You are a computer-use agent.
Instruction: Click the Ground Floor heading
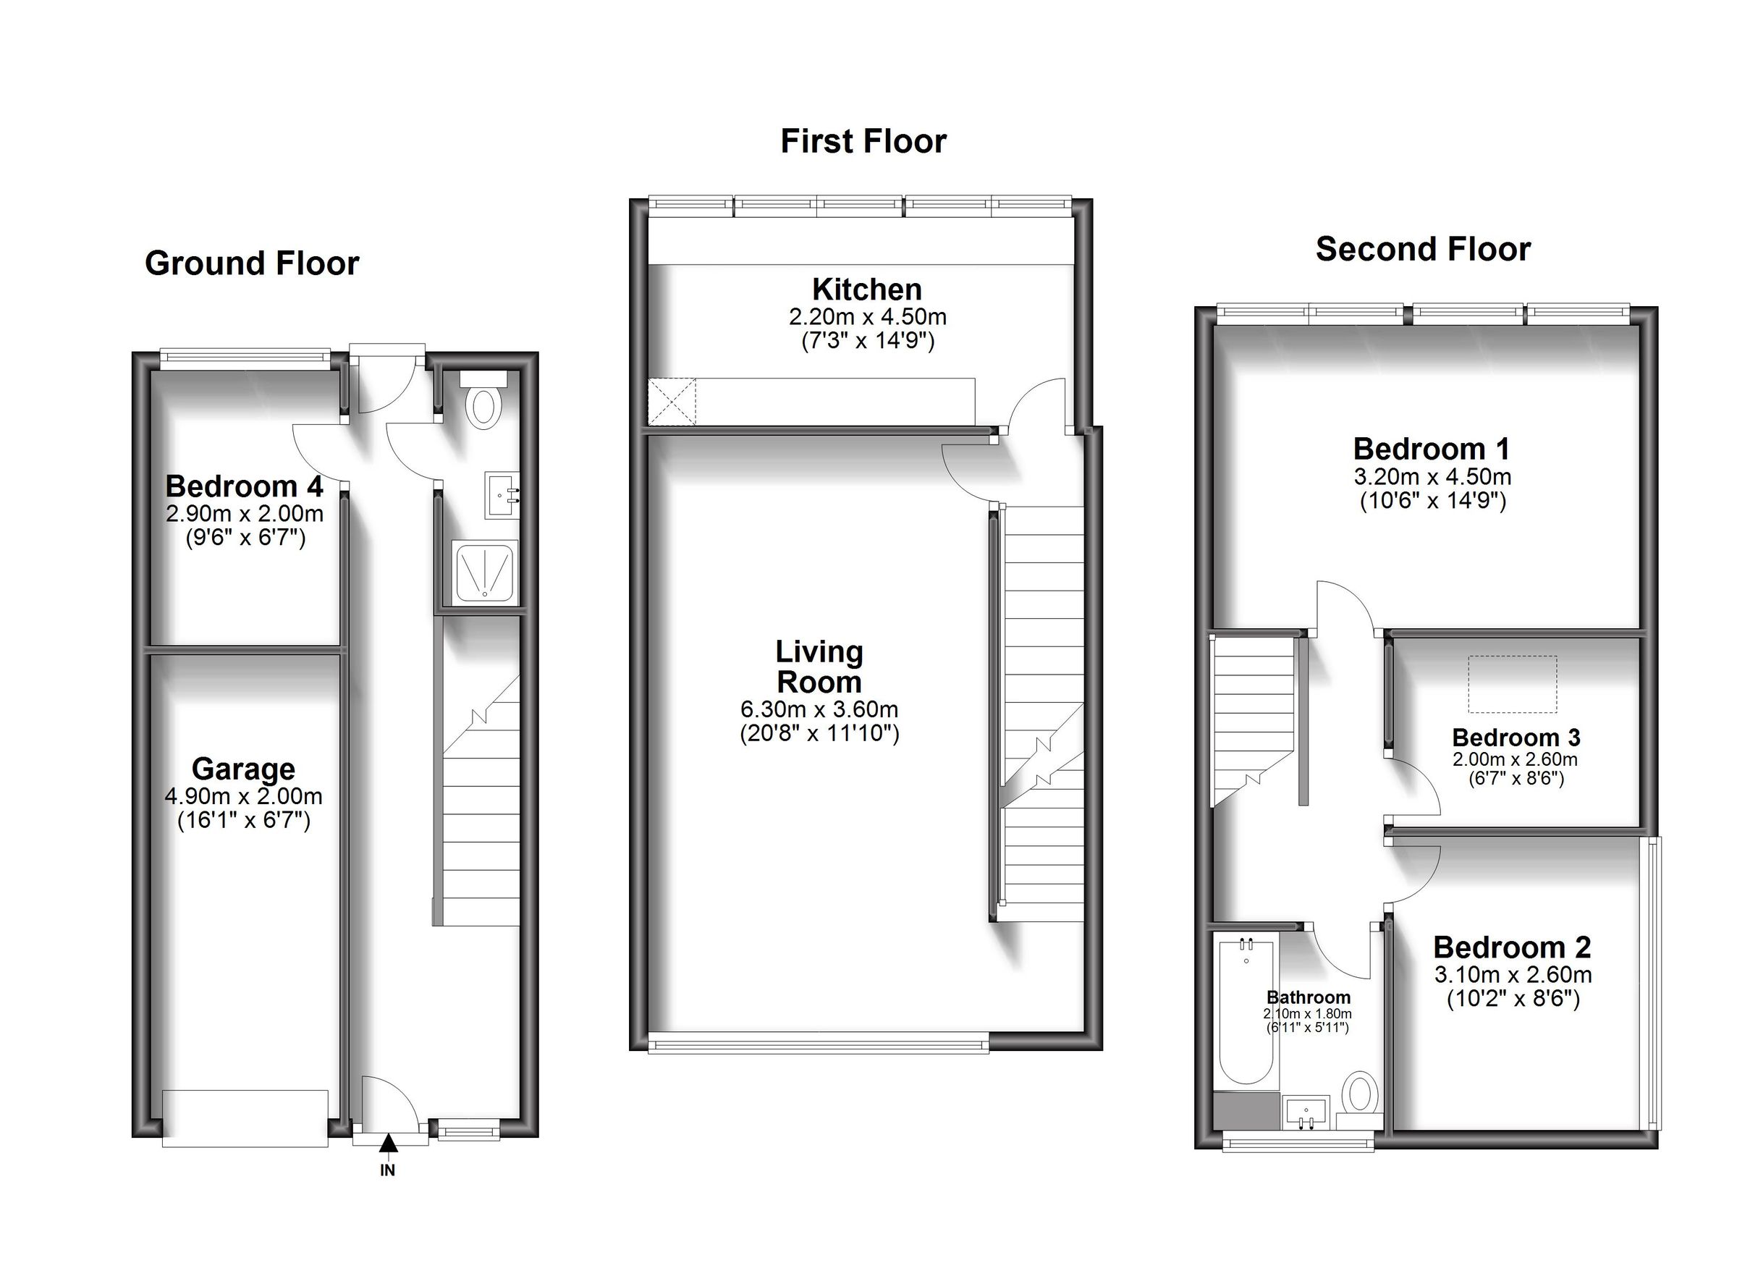coord(251,263)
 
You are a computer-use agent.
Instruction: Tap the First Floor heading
coord(863,142)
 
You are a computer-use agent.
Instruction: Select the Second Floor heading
coord(1422,250)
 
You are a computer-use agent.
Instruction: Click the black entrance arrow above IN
coord(389,1143)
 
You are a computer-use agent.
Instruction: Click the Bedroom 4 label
coord(244,486)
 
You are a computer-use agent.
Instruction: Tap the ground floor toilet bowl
coord(483,407)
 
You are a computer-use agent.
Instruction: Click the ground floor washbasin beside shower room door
coord(502,496)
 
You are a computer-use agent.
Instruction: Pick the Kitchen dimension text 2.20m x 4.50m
coord(867,316)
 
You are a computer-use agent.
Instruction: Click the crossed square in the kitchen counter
coord(672,402)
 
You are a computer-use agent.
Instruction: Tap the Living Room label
coord(819,667)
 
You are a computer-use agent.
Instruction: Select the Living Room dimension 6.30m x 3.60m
coord(819,709)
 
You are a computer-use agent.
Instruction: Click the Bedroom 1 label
coord(1431,449)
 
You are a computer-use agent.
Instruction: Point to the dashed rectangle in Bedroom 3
coord(1512,683)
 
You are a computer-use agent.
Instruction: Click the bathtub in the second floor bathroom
coord(1246,1011)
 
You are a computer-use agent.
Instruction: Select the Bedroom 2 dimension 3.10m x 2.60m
coord(1513,975)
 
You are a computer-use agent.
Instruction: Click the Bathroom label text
coord(1308,997)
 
